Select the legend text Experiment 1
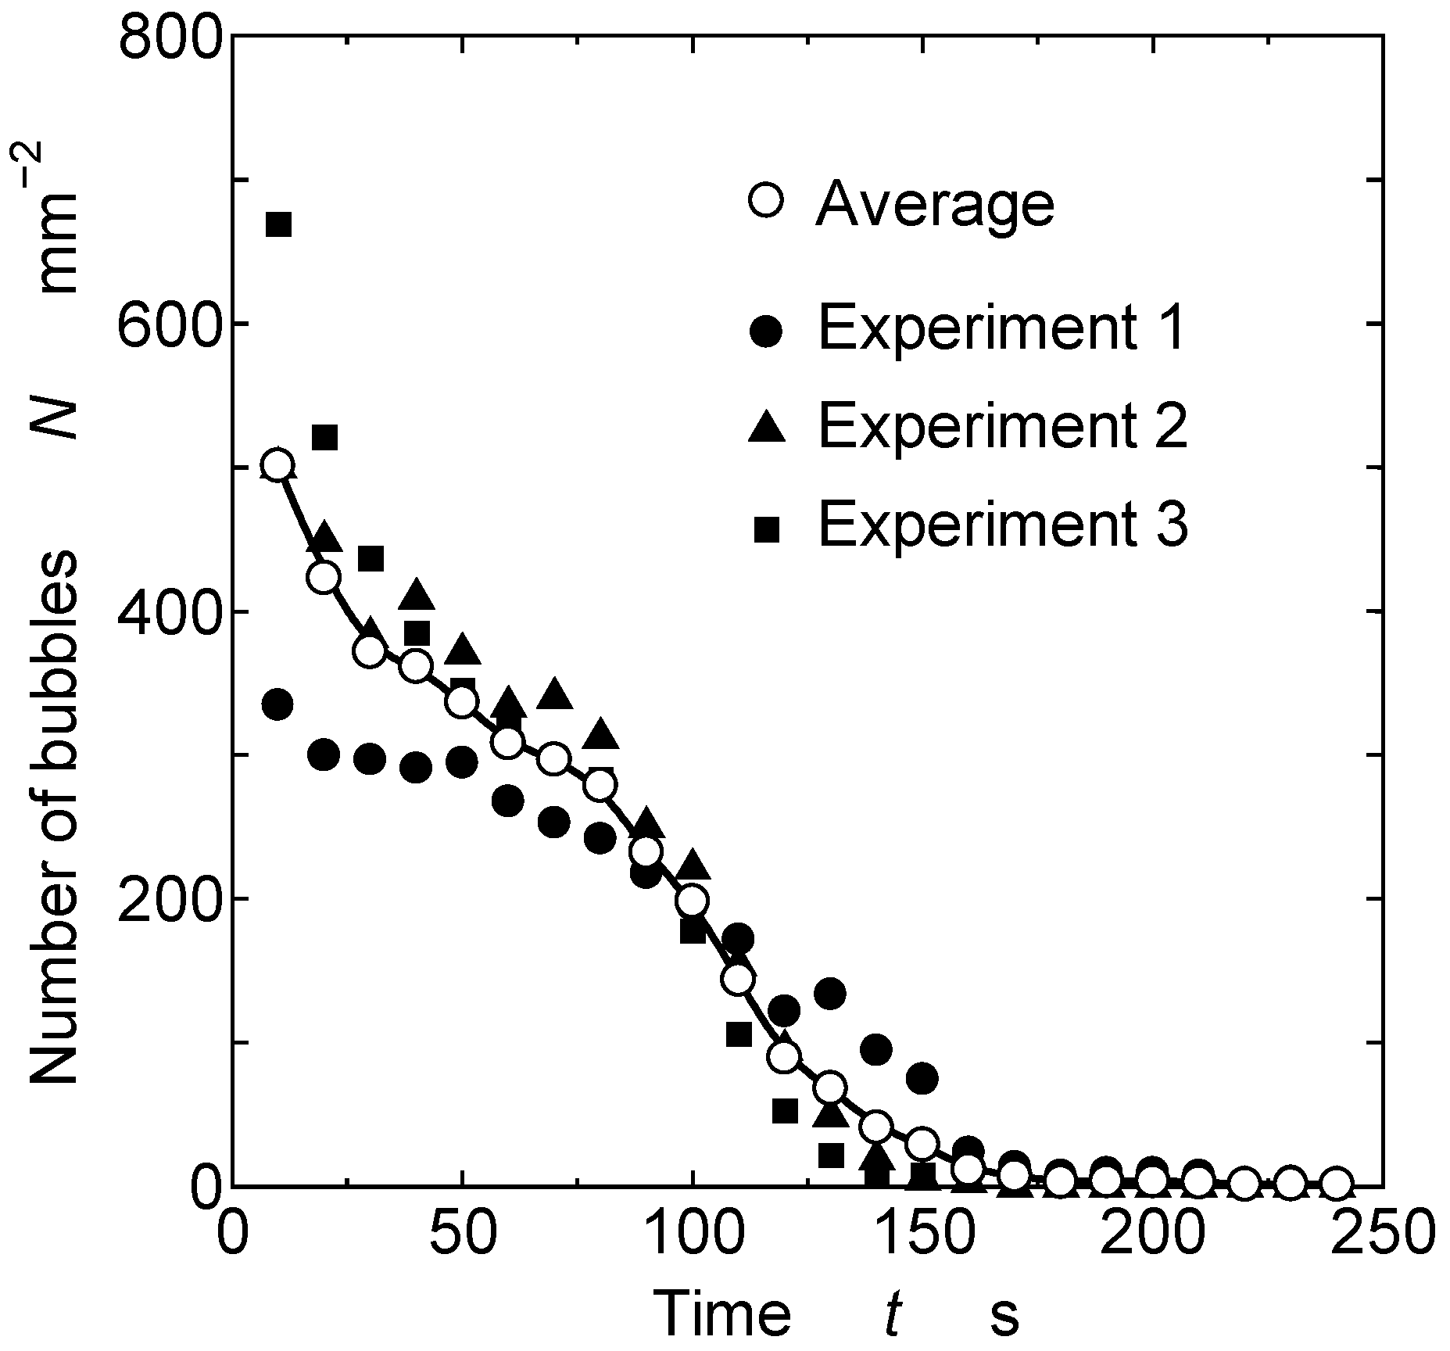[x=1002, y=328]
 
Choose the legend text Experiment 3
[x=1002, y=525]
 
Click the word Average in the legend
[x=935, y=205]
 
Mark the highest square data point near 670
[x=278, y=224]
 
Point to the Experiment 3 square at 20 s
[x=324, y=438]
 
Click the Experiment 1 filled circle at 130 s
[x=829, y=994]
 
